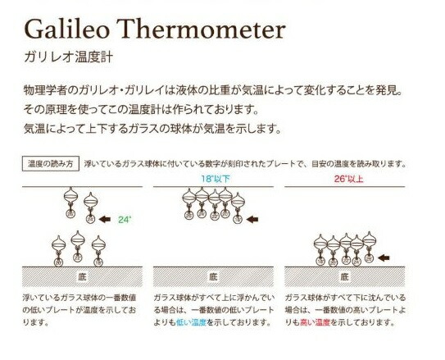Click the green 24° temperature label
point(124,221)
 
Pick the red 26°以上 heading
point(347,178)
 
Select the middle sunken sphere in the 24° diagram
point(77,240)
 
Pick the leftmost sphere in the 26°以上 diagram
point(321,244)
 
